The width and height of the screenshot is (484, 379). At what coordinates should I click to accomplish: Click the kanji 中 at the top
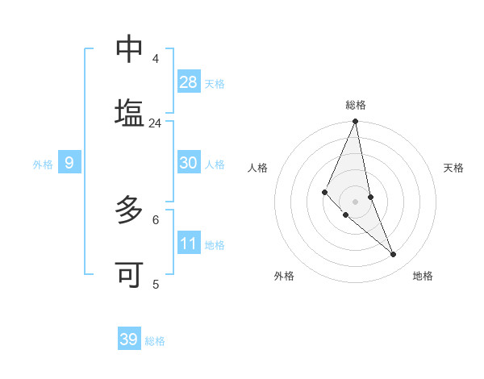pyautogui.click(x=129, y=50)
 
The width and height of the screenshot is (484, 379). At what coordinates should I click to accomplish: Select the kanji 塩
pyautogui.click(x=129, y=111)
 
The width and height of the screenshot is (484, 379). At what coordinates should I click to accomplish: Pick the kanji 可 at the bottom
pyautogui.click(x=129, y=274)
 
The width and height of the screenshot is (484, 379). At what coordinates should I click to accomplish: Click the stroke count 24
pyautogui.click(x=155, y=123)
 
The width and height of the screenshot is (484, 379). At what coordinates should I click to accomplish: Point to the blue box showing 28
pyautogui.click(x=189, y=82)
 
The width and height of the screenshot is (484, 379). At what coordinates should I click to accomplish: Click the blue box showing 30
pyautogui.click(x=189, y=163)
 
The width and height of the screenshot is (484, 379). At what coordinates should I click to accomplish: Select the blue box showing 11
pyautogui.click(x=189, y=244)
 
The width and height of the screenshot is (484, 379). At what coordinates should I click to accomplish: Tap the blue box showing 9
pyautogui.click(x=69, y=163)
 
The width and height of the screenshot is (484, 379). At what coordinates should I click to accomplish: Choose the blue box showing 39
pyautogui.click(x=129, y=339)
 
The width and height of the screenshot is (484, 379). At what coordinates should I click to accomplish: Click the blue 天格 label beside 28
pyautogui.click(x=215, y=84)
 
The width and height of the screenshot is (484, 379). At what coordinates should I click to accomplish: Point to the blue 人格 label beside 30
pyautogui.click(x=215, y=165)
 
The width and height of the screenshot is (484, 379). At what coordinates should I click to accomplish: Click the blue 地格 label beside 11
pyautogui.click(x=215, y=245)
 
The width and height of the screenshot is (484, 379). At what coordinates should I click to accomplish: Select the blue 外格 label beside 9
pyautogui.click(x=43, y=165)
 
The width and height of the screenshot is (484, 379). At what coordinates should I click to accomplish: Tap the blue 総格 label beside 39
pyautogui.click(x=155, y=341)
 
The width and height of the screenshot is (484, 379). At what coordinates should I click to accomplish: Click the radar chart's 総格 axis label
pyautogui.click(x=356, y=105)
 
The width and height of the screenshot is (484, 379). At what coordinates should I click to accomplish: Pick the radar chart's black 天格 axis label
pyautogui.click(x=454, y=168)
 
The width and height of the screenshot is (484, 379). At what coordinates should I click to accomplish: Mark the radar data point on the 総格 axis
pyautogui.click(x=356, y=122)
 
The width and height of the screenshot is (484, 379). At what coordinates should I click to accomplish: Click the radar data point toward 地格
pyautogui.click(x=394, y=255)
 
